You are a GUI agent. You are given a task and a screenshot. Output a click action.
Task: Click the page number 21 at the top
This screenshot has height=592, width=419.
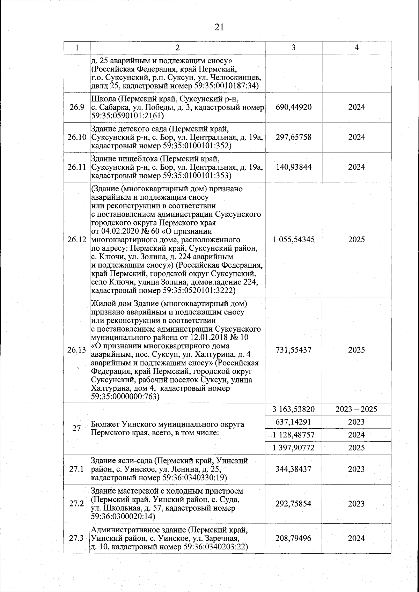[219, 28]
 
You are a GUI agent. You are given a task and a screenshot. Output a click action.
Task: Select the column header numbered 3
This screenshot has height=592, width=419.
[293, 47]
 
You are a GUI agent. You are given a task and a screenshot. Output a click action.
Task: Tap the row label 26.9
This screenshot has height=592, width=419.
[76, 107]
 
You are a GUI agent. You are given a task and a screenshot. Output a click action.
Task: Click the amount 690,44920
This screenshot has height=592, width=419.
[293, 107]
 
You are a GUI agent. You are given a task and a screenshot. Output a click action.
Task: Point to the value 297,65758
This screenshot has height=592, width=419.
[293, 137]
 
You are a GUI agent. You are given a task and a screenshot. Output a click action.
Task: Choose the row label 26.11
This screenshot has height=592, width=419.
[77, 167]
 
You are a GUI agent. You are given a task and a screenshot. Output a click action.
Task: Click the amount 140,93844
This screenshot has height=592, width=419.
[293, 167]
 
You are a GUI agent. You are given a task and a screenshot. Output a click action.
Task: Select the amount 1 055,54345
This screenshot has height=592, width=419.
[293, 239]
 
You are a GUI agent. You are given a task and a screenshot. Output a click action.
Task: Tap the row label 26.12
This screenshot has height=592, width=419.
[77, 239]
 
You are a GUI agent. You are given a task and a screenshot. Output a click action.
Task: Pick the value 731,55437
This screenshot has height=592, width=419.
[293, 350]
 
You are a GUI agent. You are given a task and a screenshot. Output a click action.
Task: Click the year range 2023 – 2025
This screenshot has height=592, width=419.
[356, 409]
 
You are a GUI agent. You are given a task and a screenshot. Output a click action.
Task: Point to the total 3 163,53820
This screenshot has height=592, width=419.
[293, 409]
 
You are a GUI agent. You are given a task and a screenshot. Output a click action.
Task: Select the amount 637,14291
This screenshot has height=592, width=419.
[293, 422]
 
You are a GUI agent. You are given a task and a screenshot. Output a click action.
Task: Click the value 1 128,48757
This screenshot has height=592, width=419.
[293, 435]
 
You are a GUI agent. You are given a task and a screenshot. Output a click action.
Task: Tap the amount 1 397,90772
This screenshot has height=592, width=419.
[293, 448]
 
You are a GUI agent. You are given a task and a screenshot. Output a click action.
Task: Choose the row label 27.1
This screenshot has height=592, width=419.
[76, 469]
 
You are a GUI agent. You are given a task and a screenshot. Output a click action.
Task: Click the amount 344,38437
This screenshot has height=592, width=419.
[293, 469]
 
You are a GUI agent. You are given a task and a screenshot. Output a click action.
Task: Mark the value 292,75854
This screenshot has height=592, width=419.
[293, 504]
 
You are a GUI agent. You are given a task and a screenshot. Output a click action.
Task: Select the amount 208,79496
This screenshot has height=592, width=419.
[293, 538]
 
